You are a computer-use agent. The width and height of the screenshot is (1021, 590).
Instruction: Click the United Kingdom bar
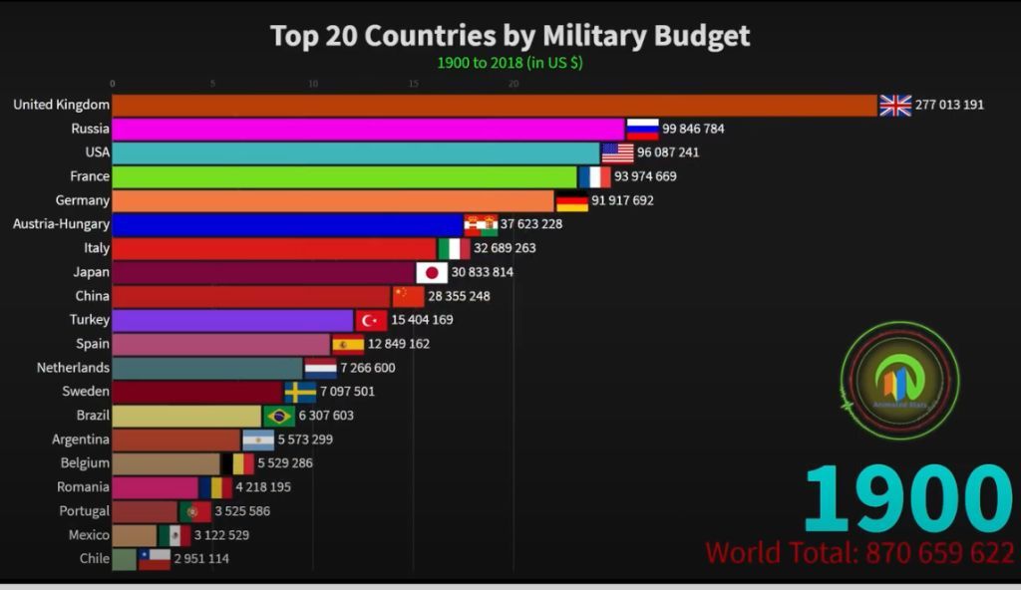(494, 106)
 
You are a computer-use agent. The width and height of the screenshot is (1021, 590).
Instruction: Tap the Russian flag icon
(643, 130)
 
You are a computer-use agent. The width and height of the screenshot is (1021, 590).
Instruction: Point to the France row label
(90, 177)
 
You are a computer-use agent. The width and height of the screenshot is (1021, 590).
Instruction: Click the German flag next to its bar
(571, 201)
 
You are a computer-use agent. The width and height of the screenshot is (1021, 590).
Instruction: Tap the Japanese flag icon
(432, 272)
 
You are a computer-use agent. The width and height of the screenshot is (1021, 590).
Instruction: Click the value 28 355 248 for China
(460, 296)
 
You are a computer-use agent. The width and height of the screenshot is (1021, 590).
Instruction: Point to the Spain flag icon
(348, 345)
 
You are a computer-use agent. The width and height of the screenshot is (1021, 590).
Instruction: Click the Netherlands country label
(73, 368)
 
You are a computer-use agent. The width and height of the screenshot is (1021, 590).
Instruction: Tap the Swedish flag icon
(300, 392)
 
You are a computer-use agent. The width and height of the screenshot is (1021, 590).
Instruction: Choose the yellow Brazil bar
(186, 416)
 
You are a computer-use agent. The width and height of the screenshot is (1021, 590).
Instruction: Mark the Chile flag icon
(155, 560)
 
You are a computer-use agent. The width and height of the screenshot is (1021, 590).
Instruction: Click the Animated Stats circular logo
(899, 381)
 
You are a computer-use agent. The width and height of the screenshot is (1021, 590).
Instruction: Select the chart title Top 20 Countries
(510, 36)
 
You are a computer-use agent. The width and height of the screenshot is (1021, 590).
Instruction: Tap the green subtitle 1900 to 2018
(510, 62)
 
